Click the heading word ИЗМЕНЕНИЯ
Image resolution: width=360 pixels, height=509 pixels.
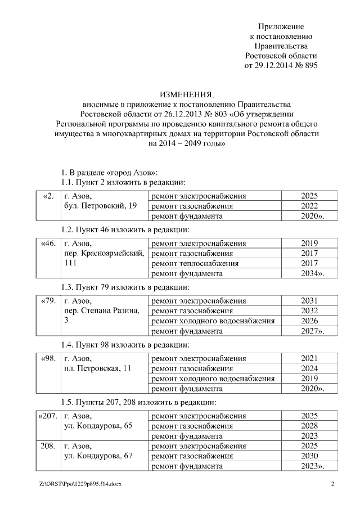pyautogui.click(x=186, y=94)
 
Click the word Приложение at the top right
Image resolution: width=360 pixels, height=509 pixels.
pyautogui.click(x=281, y=26)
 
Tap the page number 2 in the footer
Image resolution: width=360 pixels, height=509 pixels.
pyautogui.click(x=332, y=484)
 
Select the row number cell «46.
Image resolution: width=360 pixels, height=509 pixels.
pyautogui.click(x=48, y=244)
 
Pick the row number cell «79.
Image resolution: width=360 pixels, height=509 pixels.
pyautogui.click(x=48, y=301)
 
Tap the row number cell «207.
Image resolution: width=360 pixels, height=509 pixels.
pyautogui.click(x=47, y=416)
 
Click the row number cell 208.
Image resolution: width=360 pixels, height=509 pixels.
pyautogui.click(x=48, y=446)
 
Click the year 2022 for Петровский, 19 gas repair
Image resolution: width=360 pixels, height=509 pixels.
pyautogui.click(x=309, y=206)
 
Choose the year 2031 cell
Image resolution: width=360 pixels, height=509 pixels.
pyautogui.click(x=309, y=301)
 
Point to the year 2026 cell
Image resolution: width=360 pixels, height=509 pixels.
pyautogui.click(x=309, y=321)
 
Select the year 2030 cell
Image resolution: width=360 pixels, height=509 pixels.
pyautogui.click(x=309, y=456)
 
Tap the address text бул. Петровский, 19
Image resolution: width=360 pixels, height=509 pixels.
pyautogui.click(x=101, y=206)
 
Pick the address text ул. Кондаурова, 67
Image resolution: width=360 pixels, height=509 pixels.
pyautogui.click(x=98, y=456)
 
